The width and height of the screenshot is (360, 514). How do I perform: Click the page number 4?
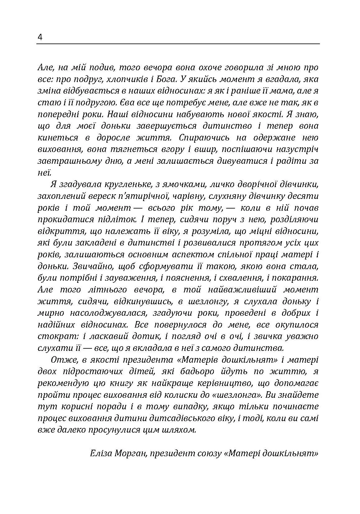pos(40,37)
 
